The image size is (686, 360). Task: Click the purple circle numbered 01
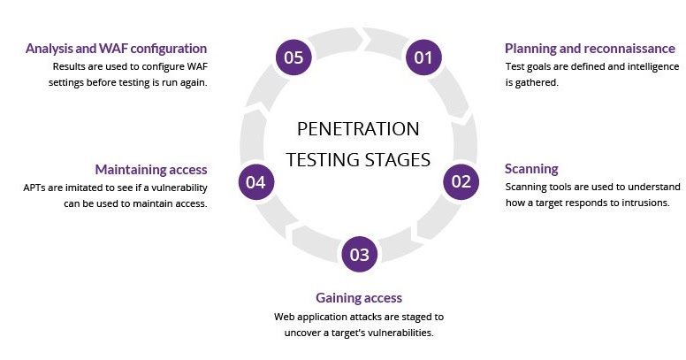[423, 58]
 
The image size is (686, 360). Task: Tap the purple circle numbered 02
[461, 182]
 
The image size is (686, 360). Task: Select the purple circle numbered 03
[359, 255]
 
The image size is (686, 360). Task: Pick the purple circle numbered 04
[256, 182]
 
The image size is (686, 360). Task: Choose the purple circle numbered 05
[293, 58]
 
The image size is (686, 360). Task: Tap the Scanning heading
[531, 169]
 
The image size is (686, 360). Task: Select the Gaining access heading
[359, 298]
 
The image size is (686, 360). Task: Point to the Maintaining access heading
[151, 169]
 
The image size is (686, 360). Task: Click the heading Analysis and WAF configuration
[116, 49]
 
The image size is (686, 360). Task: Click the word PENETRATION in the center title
[358, 129]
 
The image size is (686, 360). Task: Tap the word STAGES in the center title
[400, 160]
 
